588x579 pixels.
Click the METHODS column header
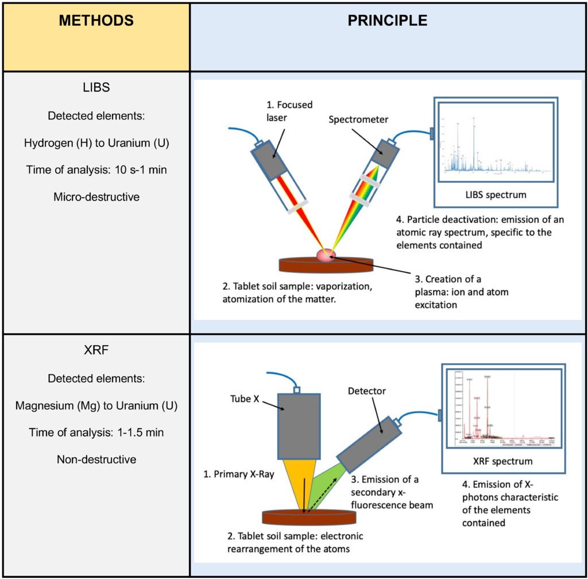[96, 21]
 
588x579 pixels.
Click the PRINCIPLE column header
[387, 21]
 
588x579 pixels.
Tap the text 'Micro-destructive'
[96, 196]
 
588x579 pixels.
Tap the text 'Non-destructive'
[96, 459]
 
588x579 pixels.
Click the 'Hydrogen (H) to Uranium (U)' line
[96, 143]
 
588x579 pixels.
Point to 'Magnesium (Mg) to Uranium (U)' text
[96, 406]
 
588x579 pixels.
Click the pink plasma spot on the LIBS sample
[326, 255]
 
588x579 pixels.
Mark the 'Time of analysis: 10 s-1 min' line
[96, 169]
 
